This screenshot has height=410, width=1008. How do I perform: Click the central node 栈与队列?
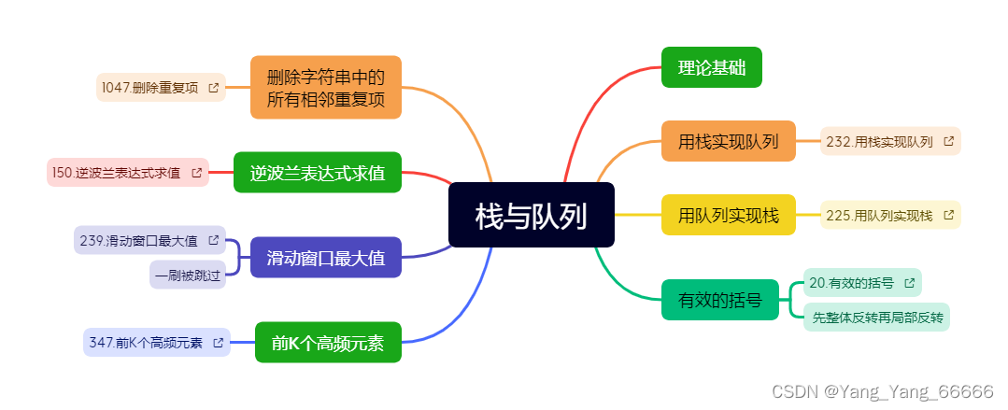531,216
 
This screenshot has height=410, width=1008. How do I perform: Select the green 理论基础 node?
711,67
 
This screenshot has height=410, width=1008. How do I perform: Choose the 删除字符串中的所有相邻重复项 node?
325,88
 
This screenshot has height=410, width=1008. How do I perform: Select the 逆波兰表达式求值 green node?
317,173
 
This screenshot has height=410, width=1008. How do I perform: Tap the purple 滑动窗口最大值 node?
325,258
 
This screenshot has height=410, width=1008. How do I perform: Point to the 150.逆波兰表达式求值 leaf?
127,173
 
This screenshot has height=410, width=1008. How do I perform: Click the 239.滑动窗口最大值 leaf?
149,240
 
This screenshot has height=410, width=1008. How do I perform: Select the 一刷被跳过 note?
188,275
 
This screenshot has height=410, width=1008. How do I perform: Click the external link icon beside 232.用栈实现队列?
948,142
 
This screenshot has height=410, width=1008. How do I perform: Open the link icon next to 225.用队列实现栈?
948,215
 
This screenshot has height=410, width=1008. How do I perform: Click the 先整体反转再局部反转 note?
877,318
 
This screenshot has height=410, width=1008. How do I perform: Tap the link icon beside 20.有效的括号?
909,282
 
